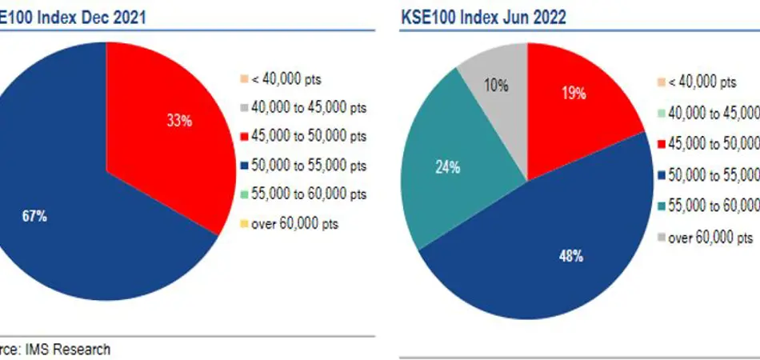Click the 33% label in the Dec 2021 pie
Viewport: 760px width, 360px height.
coord(179,121)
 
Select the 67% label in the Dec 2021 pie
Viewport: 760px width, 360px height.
coord(34,216)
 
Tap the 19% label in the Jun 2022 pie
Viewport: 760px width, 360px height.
coord(574,93)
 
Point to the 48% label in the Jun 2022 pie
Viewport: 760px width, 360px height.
coord(570,257)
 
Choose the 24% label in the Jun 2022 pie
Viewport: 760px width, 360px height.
coord(447,167)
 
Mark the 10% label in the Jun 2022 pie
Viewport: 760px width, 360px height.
coord(496,85)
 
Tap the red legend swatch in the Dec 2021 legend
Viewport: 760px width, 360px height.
coord(244,137)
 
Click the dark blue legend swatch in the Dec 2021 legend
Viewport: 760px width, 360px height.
coord(244,166)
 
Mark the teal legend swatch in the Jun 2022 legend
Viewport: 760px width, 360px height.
coord(660,206)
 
